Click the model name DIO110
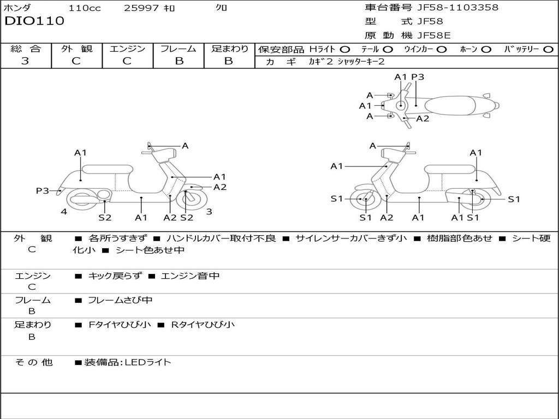pyautogui.click(x=34, y=21)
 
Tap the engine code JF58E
pyautogui.click(x=434, y=35)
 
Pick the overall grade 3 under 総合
pyautogui.click(x=25, y=61)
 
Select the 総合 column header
pyautogui.click(x=25, y=49)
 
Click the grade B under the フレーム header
pyautogui.click(x=179, y=61)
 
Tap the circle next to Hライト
pyautogui.click(x=345, y=50)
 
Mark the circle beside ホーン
pyautogui.click(x=486, y=50)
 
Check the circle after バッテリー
pyautogui.click(x=548, y=50)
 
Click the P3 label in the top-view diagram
pyautogui.click(x=418, y=77)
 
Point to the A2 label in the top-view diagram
pyautogui.click(x=423, y=118)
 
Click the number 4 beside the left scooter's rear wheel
pyautogui.click(x=64, y=212)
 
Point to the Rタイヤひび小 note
pyautogui.click(x=203, y=325)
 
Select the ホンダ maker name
pyautogui.click(x=17, y=8)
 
